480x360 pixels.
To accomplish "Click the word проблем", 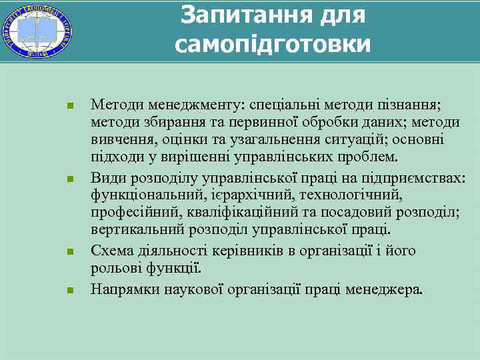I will click(x=369, y=159).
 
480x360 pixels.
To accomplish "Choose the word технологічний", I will click(x=351, y=195).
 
